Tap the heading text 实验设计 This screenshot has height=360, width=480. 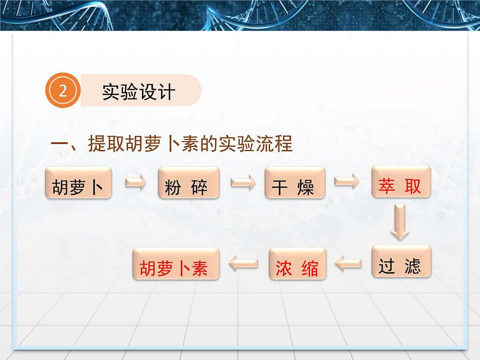(x=138, y=92)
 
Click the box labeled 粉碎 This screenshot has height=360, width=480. (x=189, y=183)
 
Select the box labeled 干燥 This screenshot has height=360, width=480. (x=295, y=183)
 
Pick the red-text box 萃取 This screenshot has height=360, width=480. (x=401, y=182)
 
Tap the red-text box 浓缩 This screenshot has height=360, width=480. (x=298, y=264)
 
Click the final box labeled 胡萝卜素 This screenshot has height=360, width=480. (x=176, y=264)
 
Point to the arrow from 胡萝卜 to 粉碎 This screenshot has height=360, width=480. (x=135, y=183)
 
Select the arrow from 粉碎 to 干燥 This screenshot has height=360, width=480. (x=242, y=183)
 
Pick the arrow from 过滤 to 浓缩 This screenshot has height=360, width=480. (x=348, y=264)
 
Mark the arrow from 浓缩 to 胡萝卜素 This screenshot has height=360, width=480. (x=243, y=264)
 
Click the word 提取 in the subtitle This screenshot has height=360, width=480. (x=106, y=144)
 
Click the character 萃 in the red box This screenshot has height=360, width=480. (x=387, y=186)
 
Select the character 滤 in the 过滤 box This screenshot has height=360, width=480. (x=412, y=266)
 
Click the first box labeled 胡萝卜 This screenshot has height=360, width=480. (x=78, y=183)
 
